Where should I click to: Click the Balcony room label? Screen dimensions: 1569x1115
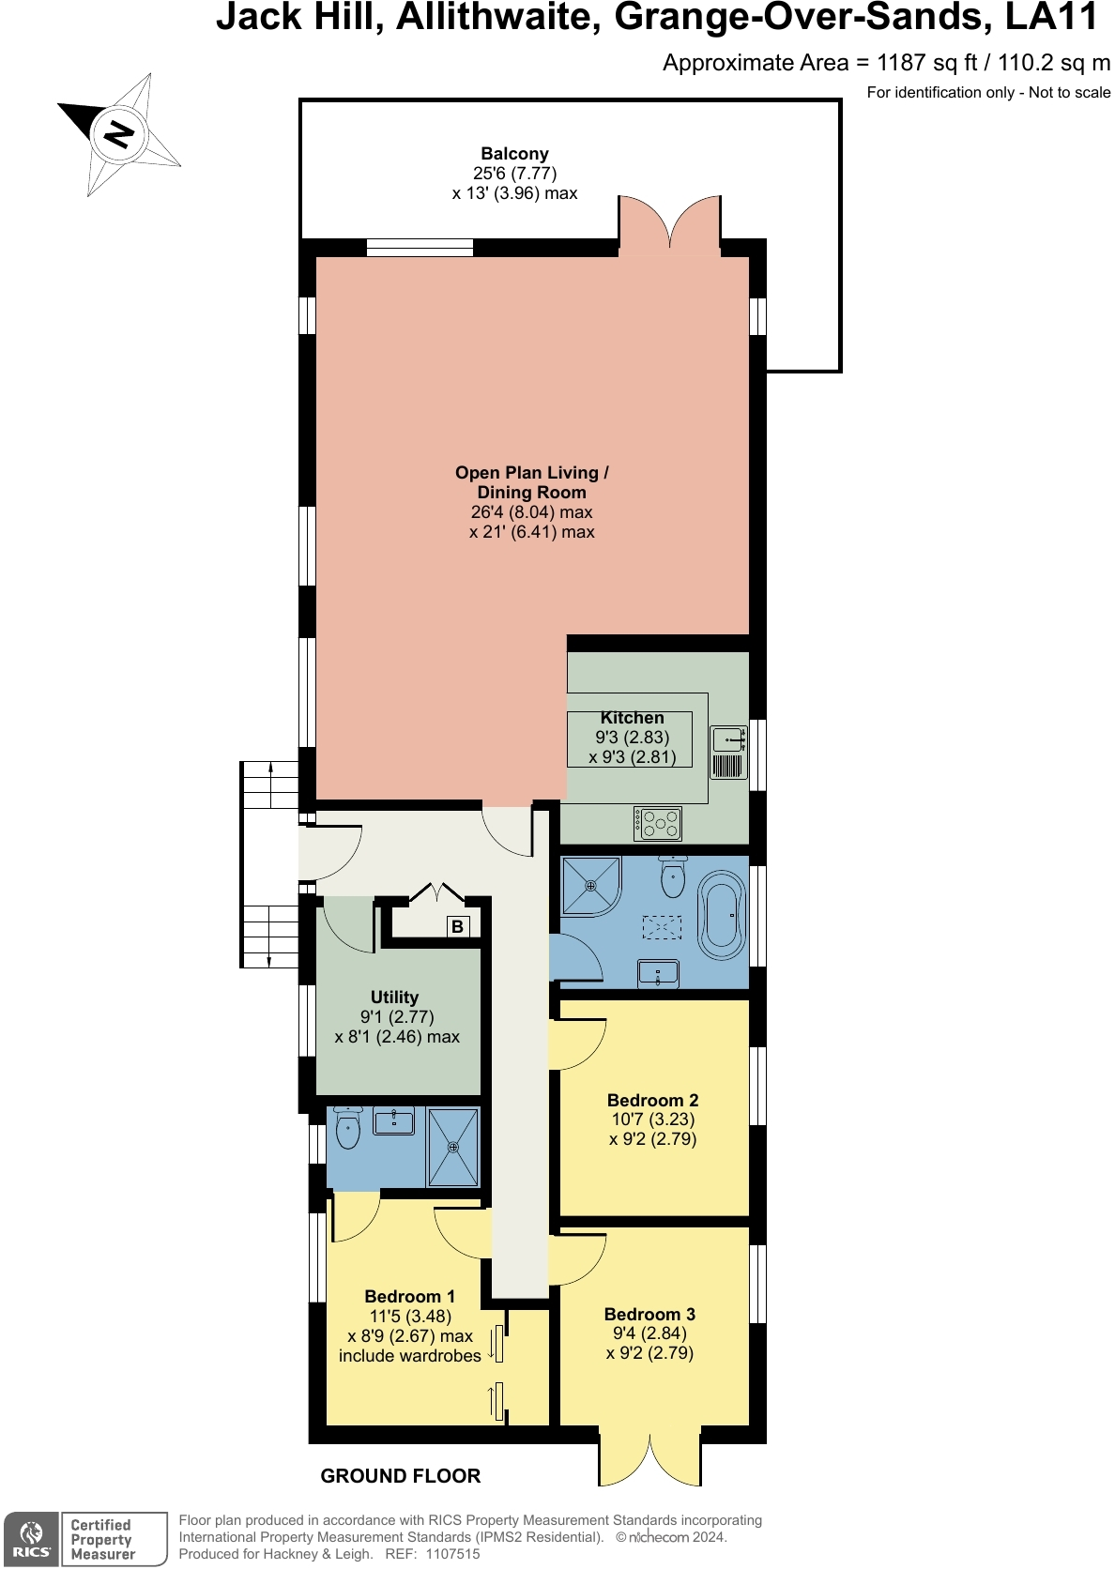pyautogui.click(x=514, y=154)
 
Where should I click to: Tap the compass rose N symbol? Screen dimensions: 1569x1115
pyautogui.click(x=119, y=133)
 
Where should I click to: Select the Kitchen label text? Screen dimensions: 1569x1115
pyautogui.click(x=632, y=718)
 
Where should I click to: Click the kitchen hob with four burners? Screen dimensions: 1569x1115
pyautogui.click(x=658, y=824)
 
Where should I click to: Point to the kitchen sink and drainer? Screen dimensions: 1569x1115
pyautogui.click(x=728, y=753)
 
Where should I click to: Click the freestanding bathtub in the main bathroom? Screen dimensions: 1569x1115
pyautogui.click(x=721, y=916)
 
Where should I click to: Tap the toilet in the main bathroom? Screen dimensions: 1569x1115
pyautogui.click(x=673, y=876)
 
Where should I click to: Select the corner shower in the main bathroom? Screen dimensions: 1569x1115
pyautogui.click(x=590, y=886)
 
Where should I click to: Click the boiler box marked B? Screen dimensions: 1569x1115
pyautogui.click(x=457, y=926)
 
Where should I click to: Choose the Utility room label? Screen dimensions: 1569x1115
pyautogui.click(x=394, y=998)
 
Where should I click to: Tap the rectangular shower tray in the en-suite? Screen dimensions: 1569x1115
pyautogui.click(x=453, y=1147)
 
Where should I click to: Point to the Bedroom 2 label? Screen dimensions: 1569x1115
pyautogui.click(x=652, y=1100)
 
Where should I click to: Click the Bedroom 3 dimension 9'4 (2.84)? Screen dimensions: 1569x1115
pyautogui.click(x=649, y=1333)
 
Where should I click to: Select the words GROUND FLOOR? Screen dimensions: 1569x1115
pyautogui.click(x=401, y=1476)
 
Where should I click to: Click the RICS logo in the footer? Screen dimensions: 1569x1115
pyautogui.click(x=31, y=1540)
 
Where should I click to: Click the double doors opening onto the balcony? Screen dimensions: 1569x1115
pyautogui.click(x=669, y=226)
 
